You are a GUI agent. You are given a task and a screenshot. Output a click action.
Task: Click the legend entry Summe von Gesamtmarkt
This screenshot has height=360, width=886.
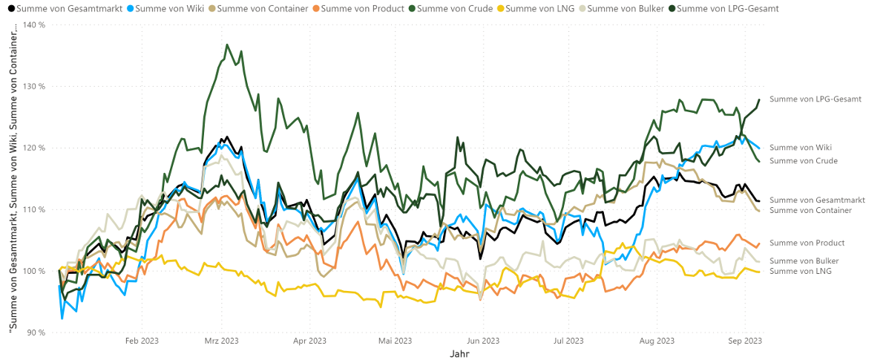(53, 8)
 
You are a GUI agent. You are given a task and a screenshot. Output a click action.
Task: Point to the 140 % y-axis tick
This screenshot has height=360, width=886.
(34, 24)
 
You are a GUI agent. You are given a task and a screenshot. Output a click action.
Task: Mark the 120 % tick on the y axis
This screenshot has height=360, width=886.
(34, 148)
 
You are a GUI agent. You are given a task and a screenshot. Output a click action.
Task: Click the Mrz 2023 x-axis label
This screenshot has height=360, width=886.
(221, 341)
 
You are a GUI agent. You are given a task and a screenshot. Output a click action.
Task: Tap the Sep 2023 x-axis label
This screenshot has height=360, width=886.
(745, 341)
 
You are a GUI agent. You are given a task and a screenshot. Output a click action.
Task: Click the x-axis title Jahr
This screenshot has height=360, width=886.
(459, 354)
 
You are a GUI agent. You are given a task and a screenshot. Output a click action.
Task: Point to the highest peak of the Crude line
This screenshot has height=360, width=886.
(226, 45)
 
